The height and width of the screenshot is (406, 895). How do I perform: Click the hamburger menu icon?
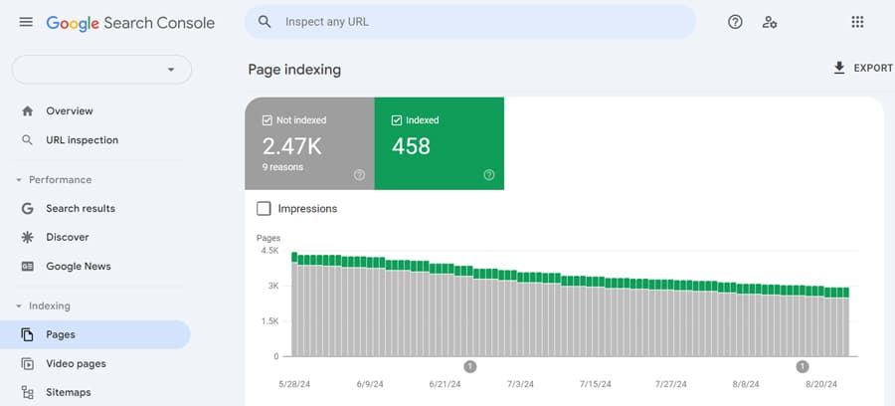26,22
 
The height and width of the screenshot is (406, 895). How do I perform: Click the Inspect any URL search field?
470,22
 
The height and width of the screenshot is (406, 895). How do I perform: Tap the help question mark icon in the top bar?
735,22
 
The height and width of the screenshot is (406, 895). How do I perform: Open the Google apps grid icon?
857,22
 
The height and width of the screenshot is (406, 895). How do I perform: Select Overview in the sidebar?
70,110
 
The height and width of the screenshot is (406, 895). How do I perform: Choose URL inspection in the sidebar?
83,140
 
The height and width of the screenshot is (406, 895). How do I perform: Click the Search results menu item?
81,208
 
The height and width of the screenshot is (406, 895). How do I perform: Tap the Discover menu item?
68,237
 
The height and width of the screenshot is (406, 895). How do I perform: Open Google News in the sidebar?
79,266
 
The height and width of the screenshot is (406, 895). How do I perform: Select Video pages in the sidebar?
76,364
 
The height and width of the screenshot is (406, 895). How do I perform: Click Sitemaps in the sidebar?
69,392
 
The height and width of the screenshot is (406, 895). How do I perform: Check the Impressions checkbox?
264,208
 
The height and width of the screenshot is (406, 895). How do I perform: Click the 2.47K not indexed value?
291,146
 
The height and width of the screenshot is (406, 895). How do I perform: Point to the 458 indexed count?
411,146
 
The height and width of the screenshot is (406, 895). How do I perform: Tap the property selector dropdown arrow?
171,70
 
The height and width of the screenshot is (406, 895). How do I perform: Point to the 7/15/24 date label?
596,384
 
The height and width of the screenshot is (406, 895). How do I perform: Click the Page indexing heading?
294,70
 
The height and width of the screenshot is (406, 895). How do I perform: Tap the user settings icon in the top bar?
770,22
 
